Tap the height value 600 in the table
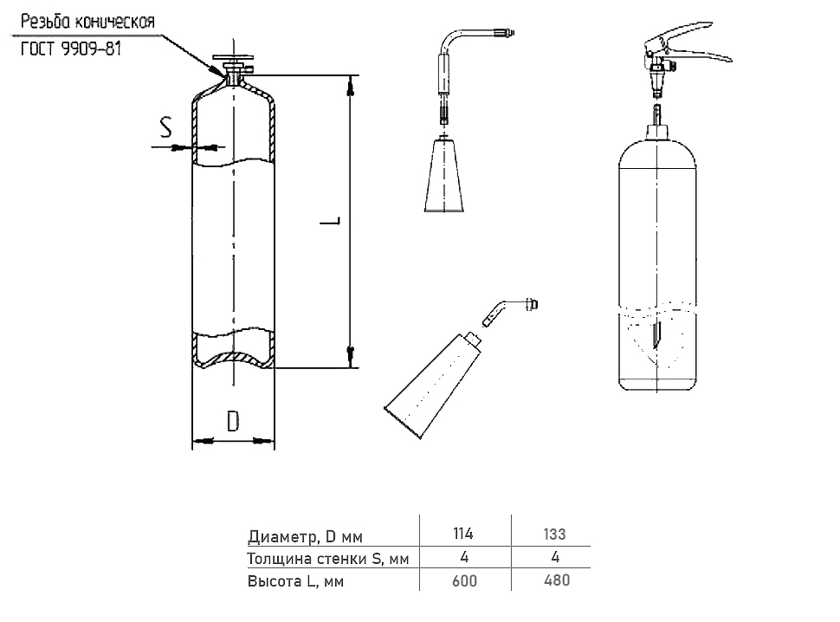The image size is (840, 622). point(465,580)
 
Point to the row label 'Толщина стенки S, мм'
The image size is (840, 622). point(326,558)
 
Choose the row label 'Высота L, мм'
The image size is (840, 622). point(295,581)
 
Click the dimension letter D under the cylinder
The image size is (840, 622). point(233,422)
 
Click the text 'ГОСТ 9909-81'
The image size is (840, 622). point(71,49)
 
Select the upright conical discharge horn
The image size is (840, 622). point(443,178)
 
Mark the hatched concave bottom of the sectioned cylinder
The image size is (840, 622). point(233,356)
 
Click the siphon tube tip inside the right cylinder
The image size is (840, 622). point(656,334)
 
